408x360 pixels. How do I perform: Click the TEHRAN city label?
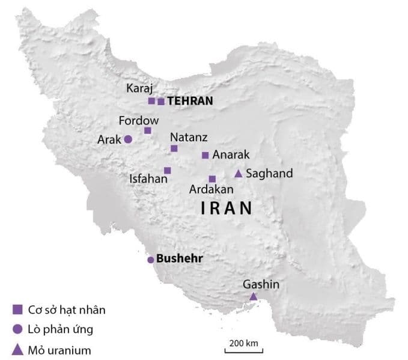[x=190, y=102]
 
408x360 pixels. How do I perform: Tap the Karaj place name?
[x=138, y=88]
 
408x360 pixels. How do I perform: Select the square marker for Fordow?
[x=148, y=130]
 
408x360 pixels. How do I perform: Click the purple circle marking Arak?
[x=128, y=139]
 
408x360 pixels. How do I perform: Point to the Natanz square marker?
[x=174, y=148]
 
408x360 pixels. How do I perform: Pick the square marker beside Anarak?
[x=205, y=155]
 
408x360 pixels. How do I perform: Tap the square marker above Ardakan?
[x=212, y=178]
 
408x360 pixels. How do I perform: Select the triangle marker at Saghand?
[x=238, y=174]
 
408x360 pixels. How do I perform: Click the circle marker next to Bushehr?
[x=151, y=260]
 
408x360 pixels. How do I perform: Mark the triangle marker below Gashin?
[x=254, y=296]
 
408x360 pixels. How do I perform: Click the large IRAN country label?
[x=225, y=209]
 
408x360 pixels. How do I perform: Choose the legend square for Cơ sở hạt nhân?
[x=17, y=310]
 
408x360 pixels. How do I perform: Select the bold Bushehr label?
[x=178, y=260]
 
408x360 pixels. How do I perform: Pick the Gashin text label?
[x=261, y=284]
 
